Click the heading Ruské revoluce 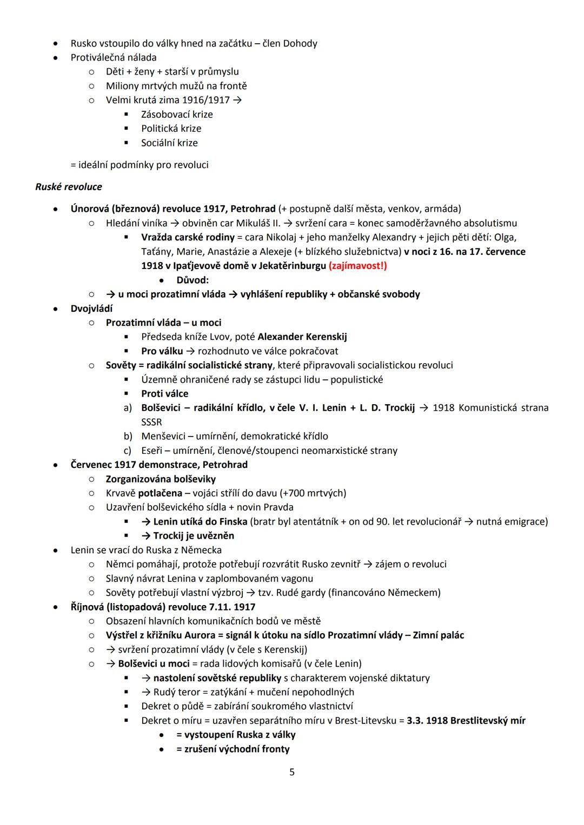click(x=69, y=187)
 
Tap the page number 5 click(x=292, y=772)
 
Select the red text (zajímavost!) click(x=357, y=266)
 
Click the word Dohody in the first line click(x=299, y=43)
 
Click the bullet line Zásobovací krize click(x=177, y=115)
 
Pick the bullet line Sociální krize click(x=169, y=143)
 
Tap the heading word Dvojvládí click(x=91, y=308)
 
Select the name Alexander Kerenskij click(x=302, y=337)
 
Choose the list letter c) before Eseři click(x=128, y=451)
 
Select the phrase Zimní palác click(x=438, y=635)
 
